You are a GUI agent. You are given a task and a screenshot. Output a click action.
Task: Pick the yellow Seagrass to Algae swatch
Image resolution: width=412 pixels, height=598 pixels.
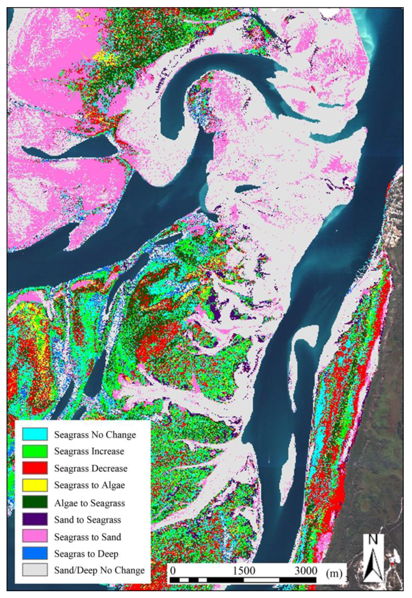click(35, 485)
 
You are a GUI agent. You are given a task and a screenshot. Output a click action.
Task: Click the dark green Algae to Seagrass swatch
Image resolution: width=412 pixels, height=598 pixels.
click(35, 502)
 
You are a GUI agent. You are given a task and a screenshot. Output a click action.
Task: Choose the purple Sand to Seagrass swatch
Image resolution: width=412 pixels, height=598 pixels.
click(35, 519)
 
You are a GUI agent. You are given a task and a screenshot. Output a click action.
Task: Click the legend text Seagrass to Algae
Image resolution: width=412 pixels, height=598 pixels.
click(89, 485)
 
